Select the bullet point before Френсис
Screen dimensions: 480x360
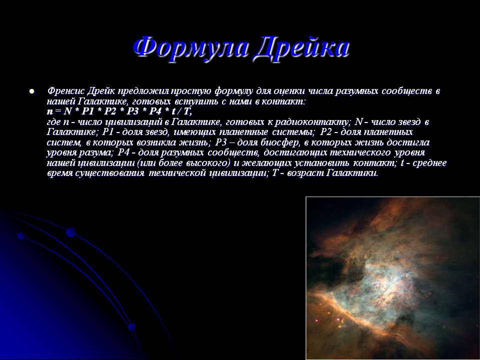31,91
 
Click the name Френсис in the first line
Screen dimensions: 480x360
65,91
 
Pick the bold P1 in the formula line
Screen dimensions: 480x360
89,111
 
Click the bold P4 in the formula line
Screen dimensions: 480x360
155,111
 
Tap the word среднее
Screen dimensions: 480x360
430,163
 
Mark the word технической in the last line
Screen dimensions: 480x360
177,173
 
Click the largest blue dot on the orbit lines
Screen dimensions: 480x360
70,232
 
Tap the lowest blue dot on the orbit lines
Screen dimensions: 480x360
132,327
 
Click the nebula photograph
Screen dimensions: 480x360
393,278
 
